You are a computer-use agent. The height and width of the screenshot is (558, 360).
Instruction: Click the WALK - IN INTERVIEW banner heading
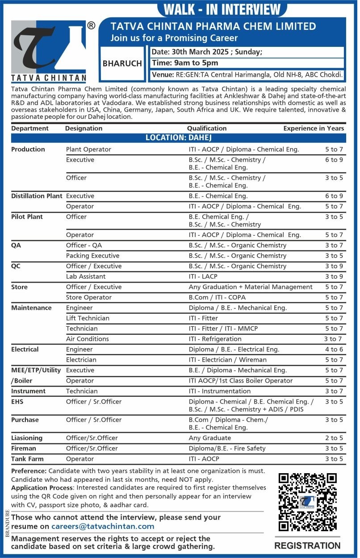(x=222, y=9)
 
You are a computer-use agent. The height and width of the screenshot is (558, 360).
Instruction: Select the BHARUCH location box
(x=122, y=63)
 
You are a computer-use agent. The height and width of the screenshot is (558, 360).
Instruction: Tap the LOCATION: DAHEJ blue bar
(x=178, y=138)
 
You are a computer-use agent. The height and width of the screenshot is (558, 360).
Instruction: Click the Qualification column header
(x=207, y=128)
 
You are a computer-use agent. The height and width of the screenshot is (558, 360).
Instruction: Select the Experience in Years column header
(x=314, y=128)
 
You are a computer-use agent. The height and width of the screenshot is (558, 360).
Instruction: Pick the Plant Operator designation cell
(x=88, y=149)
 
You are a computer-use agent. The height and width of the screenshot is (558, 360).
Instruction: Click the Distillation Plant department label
(x=37, y=196)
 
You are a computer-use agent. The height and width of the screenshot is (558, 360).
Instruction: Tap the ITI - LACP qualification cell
(x=203, y=276)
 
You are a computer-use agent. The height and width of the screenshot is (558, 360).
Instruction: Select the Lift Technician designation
(x=88, y=318)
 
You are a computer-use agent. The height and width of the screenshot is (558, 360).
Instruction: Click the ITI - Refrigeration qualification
(x=215, y=339)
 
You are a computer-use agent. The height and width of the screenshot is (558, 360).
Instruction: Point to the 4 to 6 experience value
(x=334, y=349)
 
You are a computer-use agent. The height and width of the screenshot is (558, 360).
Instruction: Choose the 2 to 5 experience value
(x=334, y=438)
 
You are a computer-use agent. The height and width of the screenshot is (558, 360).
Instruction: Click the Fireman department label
(x=24, y=448)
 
